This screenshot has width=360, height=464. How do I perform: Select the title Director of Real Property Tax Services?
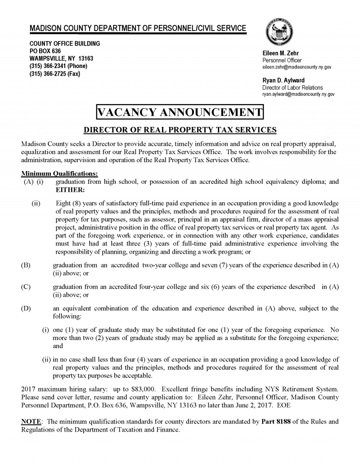tap(180, 131)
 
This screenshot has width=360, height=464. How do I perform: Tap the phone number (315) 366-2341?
tap(58, 66)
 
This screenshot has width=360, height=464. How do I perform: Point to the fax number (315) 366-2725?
tap(55, 73)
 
